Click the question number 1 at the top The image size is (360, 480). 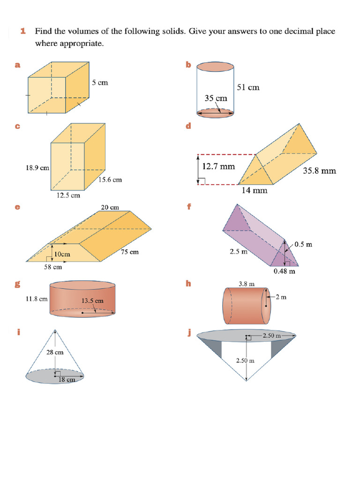22,31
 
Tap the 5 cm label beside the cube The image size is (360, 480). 100,82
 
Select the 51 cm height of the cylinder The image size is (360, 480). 248,87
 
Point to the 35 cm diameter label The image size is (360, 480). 216,98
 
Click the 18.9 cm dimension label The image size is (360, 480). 37,167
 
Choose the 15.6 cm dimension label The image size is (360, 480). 110,180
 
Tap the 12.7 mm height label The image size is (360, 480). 218,166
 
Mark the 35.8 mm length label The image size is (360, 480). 319,171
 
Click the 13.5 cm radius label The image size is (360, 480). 93,300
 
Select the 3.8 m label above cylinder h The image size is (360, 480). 246,284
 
